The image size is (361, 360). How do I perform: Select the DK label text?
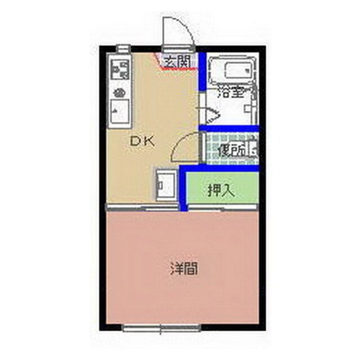pos(142,142)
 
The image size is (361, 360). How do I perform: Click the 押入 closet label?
pos(221,190)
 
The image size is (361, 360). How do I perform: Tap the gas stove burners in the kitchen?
pos(119,71)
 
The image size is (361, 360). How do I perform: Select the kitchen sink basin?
pos(119,111)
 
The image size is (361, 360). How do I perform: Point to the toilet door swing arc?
pos(185,145)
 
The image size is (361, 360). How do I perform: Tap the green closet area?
pos(223,189)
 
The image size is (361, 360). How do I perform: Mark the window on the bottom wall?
pos(161,327)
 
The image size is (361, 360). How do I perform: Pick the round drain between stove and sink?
pos(119,92)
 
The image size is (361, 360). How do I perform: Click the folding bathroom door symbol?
pos(210,116)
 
